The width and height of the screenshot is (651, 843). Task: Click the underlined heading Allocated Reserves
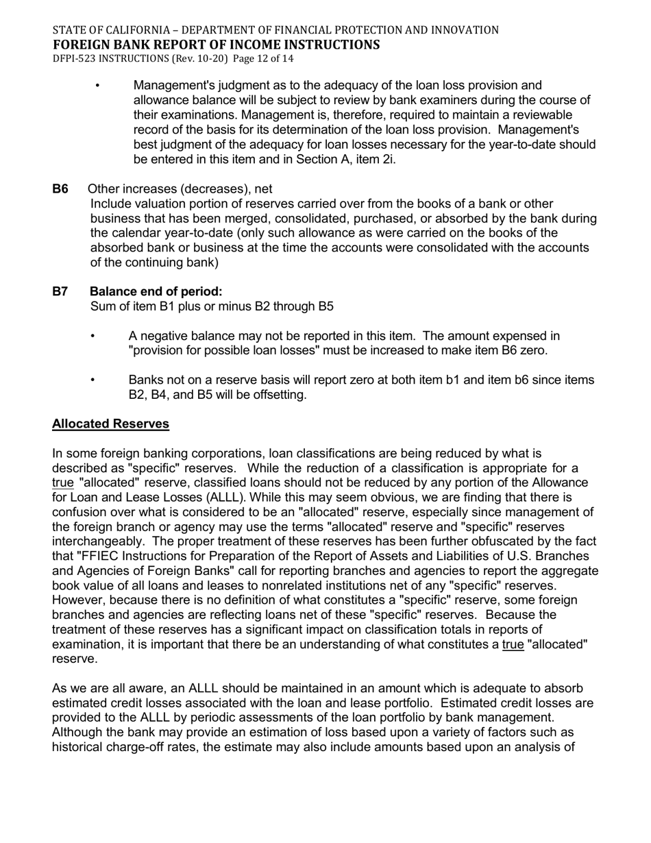click(x=110, y=424)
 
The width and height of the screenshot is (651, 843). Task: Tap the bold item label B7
click(x=60, y=291)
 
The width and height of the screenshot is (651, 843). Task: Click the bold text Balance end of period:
click(x=156, y=291)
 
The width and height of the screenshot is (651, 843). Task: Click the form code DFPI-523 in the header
click(x=75, y=59)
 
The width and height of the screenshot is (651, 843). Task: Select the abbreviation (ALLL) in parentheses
click(x=223, y=497)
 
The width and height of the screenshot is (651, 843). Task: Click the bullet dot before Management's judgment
click(x=98, y=86)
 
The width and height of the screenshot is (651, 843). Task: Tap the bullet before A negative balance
click(x=93, y=336)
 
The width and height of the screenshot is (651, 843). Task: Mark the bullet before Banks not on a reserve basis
click(x=93, y=380)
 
